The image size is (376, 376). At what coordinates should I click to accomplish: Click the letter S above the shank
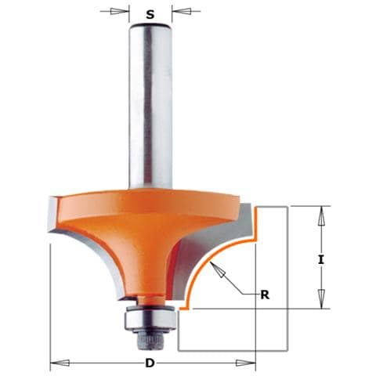(150, 15)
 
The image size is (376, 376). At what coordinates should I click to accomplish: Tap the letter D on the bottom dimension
(150, 363)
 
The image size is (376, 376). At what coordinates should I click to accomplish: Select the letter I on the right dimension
(321, 260)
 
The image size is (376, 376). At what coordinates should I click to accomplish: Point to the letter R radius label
(265, 295)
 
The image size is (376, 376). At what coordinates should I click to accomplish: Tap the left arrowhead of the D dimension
(60, 363)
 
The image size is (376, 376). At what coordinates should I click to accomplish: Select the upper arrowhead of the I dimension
(321, 216)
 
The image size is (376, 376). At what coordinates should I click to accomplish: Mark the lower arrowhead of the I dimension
(321, 299)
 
